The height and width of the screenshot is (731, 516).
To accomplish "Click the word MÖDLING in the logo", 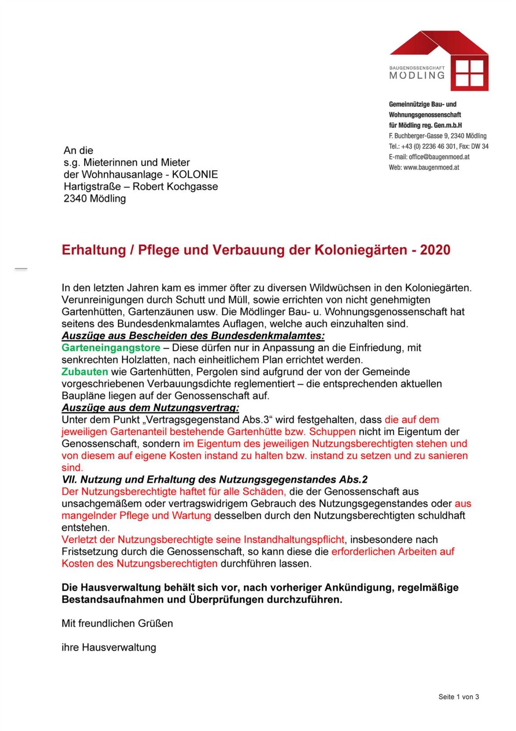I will click(417, 75).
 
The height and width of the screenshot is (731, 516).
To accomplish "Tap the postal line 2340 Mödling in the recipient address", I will click(95, 199).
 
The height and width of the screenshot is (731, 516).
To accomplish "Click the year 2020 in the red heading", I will click(435, 250).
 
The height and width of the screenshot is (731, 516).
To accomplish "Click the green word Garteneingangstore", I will click(111, 348).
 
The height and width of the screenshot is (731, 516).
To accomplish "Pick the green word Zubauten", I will click(85, 372).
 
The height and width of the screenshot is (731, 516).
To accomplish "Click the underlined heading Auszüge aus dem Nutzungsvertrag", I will click(150, 408).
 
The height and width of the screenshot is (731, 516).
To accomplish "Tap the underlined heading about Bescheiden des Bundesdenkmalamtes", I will click(193, 336).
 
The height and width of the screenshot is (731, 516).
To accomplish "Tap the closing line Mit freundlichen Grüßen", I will click(117, 623).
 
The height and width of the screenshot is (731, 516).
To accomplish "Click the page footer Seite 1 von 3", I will click(459, 697).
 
